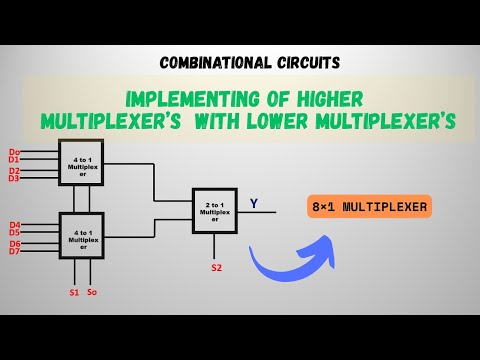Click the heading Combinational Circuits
pos(240,62)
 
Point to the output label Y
pos(253,204)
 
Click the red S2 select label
pos(215,268)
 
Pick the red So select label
pos(92,292)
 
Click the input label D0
pos(14,151)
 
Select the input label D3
pos(14,178)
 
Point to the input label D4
pos(14,224)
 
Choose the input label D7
pos(14,251)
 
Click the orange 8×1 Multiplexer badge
pos(371,208)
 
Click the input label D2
pos(14,170)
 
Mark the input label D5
pos(14,232)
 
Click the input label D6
pos(14,243)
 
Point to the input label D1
pos(14,159)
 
